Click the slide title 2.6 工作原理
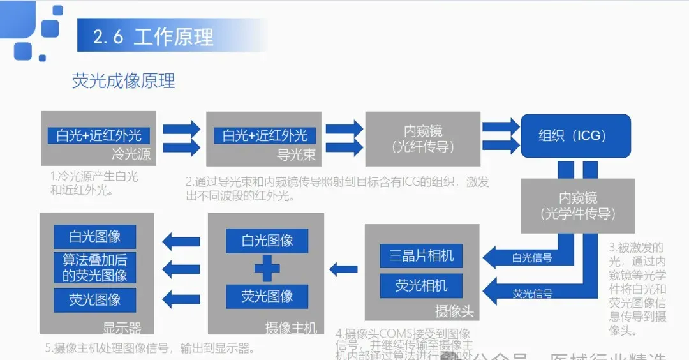click(x=153, y=36)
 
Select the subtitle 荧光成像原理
click(x=124, y=81)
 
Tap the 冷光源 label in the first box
click(x=131, y=154)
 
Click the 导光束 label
click(x=295, y=154)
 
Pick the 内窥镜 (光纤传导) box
click(x=422, y=139)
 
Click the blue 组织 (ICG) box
click(x=575, y=136)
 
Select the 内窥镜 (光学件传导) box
click(x=577, y=206)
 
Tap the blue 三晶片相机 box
click(x=421, y=255)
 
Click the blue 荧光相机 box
click(x=421, y=285)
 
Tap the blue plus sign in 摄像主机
click(x=267, y=269)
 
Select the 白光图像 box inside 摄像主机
click(x=267, y=241)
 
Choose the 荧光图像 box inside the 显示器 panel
click(x=95, y=299)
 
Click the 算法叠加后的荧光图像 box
click(x=95, y=267)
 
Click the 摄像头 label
click(x=454, y=311)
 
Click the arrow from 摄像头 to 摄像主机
click(x=343, y=269)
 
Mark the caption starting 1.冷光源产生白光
click(x=94, y=183)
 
